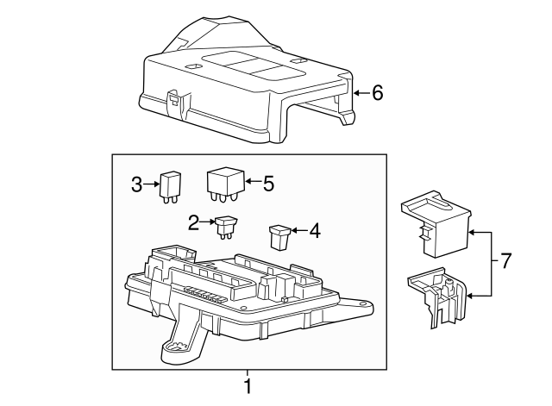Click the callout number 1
[248, 384]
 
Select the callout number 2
[194, 222]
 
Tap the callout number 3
[136, 183]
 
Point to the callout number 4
[314, 230]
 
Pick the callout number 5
[268, 183]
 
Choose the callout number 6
[377, 92]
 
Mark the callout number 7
[505, 259]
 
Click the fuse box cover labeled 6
[241, 86]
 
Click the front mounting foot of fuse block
[176, 346]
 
